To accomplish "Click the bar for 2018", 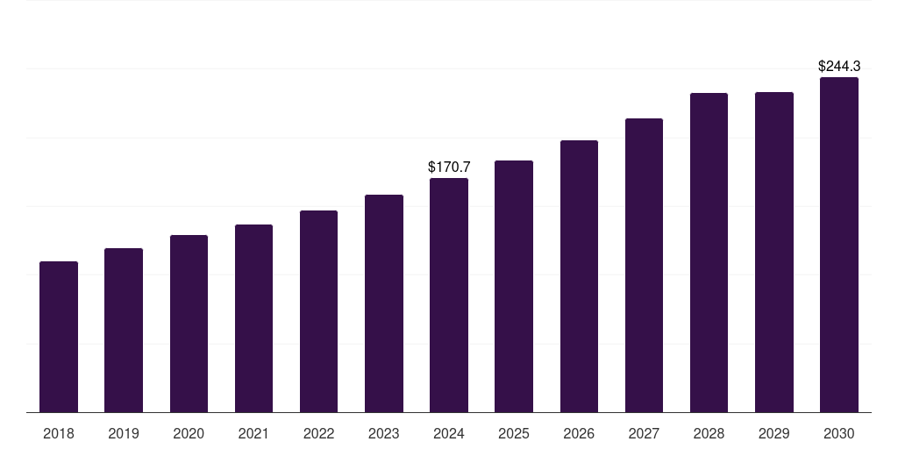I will (59, 337).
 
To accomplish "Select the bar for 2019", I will (124, 331).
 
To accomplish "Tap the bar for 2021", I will (253, 318).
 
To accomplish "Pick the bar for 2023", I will (384, 303).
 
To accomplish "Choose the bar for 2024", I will (449, 296).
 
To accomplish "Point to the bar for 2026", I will (579, 276).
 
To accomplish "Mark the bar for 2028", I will (709, 253).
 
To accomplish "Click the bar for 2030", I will (839, 245).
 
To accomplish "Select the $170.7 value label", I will (449, 167).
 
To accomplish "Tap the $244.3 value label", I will (839, 66).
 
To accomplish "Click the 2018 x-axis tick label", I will (59, 433).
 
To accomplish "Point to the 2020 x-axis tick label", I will (189, 433).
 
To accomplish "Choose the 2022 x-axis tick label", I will (318, 433).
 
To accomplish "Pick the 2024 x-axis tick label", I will (449, 433).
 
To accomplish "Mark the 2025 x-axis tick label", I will (514, 433).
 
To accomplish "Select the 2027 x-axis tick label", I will (644, 433).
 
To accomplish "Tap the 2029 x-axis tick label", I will (774, 433).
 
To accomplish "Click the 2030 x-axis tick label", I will (839, 433).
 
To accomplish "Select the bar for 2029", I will (774, 253).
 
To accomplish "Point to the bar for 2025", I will (514, 287).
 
